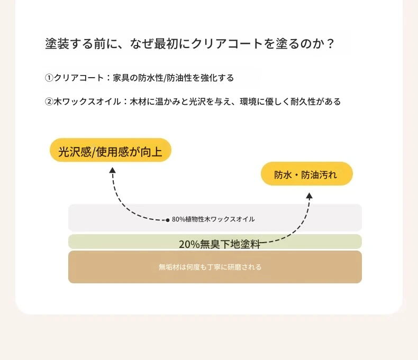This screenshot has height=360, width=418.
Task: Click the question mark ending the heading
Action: click(330, 44)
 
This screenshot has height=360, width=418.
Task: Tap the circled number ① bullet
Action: click(49, 78)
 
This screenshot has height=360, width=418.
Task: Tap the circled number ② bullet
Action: click(49, 101)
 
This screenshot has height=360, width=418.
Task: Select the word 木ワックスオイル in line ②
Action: click(87, 101)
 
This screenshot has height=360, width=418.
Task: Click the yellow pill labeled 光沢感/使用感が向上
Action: click(111, 150)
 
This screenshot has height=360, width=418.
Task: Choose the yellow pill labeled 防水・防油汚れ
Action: click(306, 173)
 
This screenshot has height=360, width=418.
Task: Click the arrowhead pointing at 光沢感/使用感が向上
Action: click(113, 170)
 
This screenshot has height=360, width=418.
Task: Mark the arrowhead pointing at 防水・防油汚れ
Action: click(309, 196)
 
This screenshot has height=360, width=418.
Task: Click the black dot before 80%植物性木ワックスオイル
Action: click(167, 220)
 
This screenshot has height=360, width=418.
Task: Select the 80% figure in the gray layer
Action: click(178, 219)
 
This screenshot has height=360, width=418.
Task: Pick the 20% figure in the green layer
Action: click(189, 244)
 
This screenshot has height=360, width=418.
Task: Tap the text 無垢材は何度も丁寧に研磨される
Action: click(210, 267)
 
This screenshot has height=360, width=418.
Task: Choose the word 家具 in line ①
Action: click(121, 78)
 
